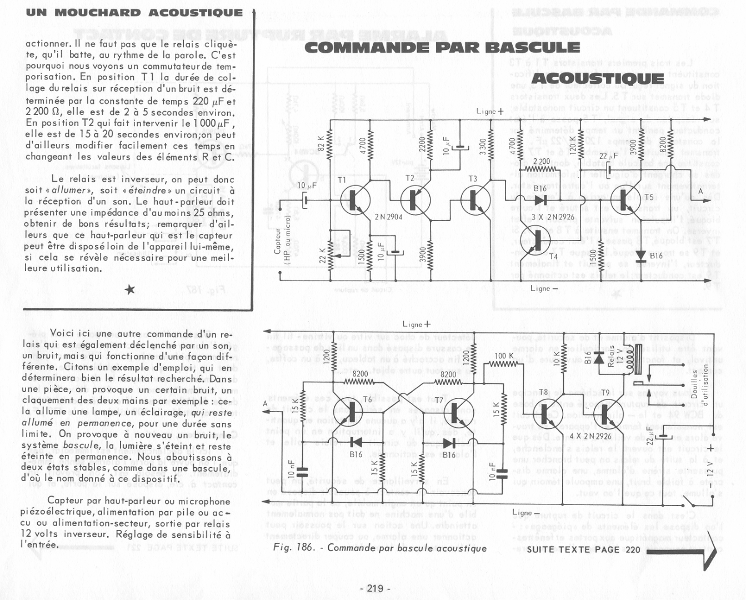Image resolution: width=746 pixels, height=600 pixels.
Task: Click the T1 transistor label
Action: click(342, 180)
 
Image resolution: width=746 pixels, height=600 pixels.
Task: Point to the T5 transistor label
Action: click(649, 197)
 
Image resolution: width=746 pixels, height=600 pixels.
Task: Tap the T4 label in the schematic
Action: click(553, 256)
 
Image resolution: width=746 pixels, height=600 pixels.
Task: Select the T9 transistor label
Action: click(605, 393)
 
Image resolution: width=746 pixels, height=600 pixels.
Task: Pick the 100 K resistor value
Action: click(504, 356)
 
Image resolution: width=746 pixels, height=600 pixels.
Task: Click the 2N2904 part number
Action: click(388, 217)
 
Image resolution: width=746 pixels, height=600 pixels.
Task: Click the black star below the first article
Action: click(130, 289)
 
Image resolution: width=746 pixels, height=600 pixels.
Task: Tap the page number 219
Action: click(375, 588)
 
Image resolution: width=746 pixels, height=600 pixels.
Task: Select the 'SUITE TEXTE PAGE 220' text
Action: click(583, 549)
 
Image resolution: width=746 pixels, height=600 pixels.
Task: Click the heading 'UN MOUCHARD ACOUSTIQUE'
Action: click(134, 12)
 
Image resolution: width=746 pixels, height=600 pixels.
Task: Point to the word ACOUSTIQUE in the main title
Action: click(598, 78)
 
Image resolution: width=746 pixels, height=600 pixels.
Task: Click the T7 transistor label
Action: click(439, 400)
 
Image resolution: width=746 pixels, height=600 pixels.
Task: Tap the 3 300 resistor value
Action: click(483, 147)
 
